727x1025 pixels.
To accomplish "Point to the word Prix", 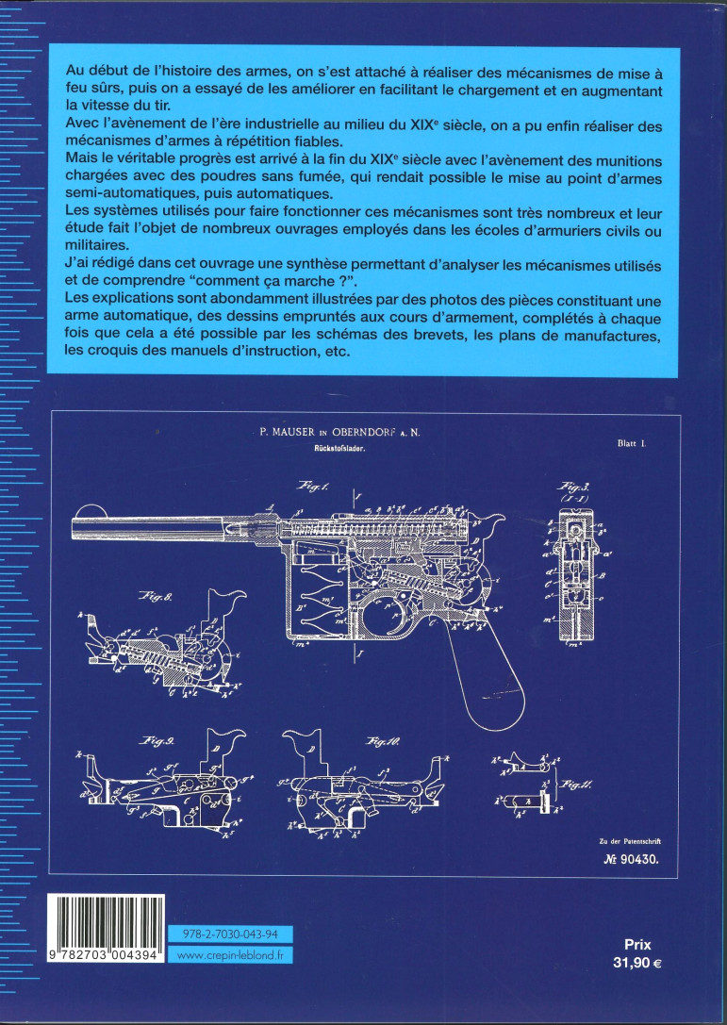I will [x=638, y=943].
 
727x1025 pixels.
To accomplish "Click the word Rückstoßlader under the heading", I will [x=341, y=450].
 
